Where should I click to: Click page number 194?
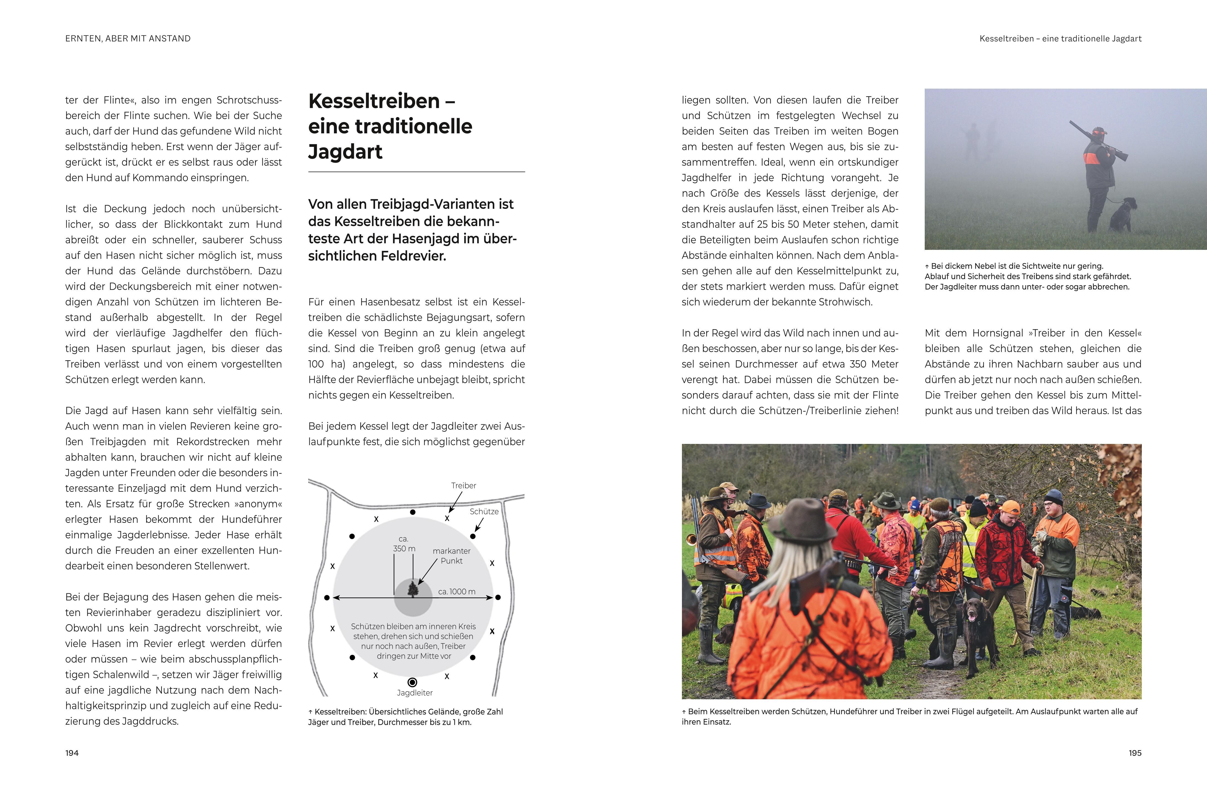[x=72, y=753]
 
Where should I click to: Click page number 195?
[x=1135, y=753]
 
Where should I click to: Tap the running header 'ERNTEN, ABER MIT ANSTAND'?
[x=128, y=39]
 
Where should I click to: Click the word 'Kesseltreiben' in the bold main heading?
[x=374, y=101]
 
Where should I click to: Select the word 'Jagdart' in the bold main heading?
[x=345, y=152]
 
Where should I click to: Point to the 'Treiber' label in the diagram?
[x=463, y=485]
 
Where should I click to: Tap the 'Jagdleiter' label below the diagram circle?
[x=414, y=693]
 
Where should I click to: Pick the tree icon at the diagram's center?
[x=413, y=589]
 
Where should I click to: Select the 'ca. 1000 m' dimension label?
[x=457, y=591]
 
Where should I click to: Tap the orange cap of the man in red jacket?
[x=1010, y=507]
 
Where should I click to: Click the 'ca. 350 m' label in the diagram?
[x=404, y=544]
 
